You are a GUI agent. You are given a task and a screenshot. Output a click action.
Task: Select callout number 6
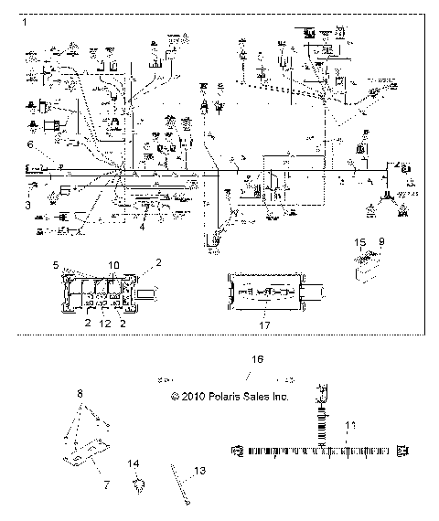[29, 145]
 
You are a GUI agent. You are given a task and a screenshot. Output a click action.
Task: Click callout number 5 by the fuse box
[55, 265]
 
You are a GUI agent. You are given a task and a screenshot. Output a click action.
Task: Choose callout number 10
[112, 265]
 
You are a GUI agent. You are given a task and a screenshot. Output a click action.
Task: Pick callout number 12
[105, 324]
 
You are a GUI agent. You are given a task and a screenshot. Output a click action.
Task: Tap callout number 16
[257, 360]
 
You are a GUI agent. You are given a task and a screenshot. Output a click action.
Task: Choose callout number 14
[134, 464]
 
